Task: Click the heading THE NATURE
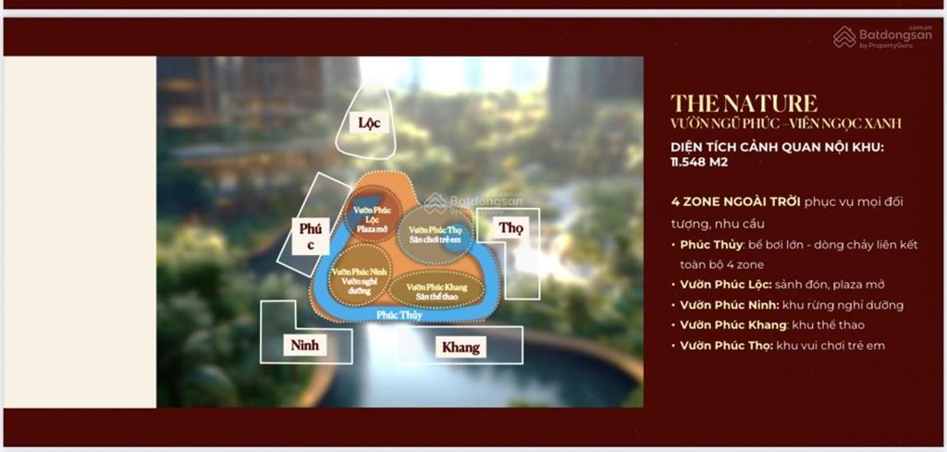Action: point(744,103)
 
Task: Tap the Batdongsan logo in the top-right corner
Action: point(883,37)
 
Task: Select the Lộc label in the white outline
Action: point(369,122)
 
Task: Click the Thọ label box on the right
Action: point(510,227)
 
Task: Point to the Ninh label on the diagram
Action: point(304,345)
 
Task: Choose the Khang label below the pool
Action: point(460,347)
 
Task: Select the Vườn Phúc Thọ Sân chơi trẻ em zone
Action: point(436,234)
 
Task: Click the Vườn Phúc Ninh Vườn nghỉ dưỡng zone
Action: point(359,275)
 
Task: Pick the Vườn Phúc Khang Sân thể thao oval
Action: point(436,288)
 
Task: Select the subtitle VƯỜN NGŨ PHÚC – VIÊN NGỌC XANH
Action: point(785,123)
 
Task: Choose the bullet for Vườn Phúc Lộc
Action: point(782,285)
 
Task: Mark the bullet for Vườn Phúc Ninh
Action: point(791,305)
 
